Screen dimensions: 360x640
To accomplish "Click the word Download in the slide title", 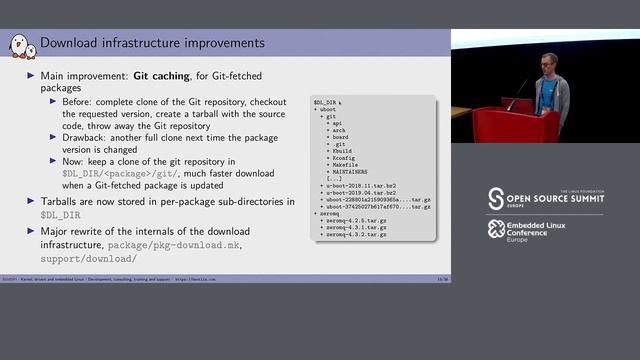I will [68, 44].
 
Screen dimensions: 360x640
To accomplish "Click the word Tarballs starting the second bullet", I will [62, 201].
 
